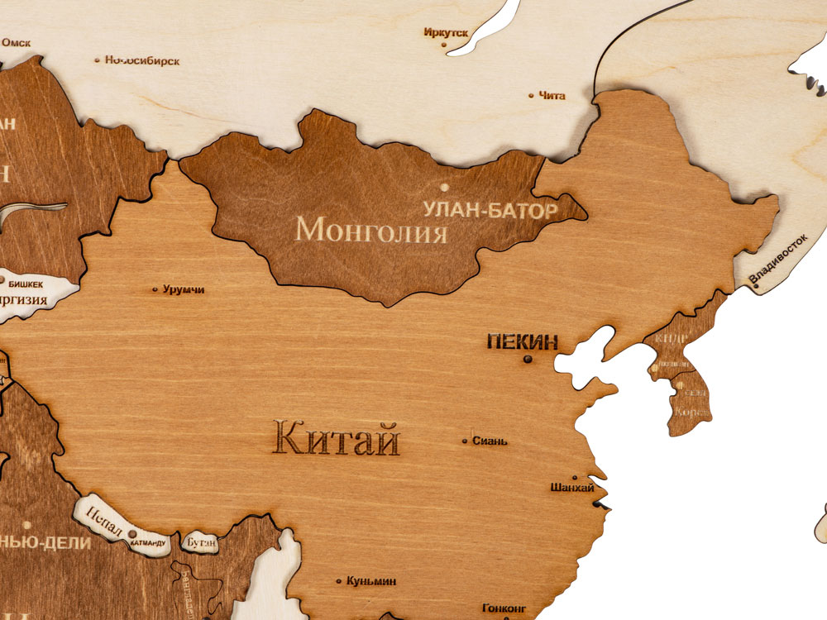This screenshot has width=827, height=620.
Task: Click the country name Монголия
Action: pyautogui.click(x=372, y=228)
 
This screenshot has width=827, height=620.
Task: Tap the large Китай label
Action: pyautogui.click(x=337, y=437)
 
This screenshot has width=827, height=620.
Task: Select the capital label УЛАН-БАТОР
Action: pyautogui.click(x=490, y=209)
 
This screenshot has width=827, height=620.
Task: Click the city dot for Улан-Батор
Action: pyautogui.click(x=444, y=187)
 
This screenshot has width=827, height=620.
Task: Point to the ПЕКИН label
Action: pyautogui.click(x=522, y=341)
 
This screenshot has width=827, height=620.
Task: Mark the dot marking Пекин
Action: pyautogui.click(x=527, y=359)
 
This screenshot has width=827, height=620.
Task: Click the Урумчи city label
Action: pyautogui.click(x=184, y=290)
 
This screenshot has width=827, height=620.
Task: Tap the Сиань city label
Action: pyautogui.click(x=490, y=441)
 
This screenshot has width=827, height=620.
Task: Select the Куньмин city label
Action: pyautogui.click(x=371, y=581)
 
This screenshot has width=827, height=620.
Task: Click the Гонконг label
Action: pyautogui.click(x=504, y=608)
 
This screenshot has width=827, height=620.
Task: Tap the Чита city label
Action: pyautogui.click(x=552, y=96)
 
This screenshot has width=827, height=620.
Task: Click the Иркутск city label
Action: pyautogui.click(x=446, y=33)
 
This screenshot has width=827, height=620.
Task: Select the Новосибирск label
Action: pyautogui.click(x=142, y=60)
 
